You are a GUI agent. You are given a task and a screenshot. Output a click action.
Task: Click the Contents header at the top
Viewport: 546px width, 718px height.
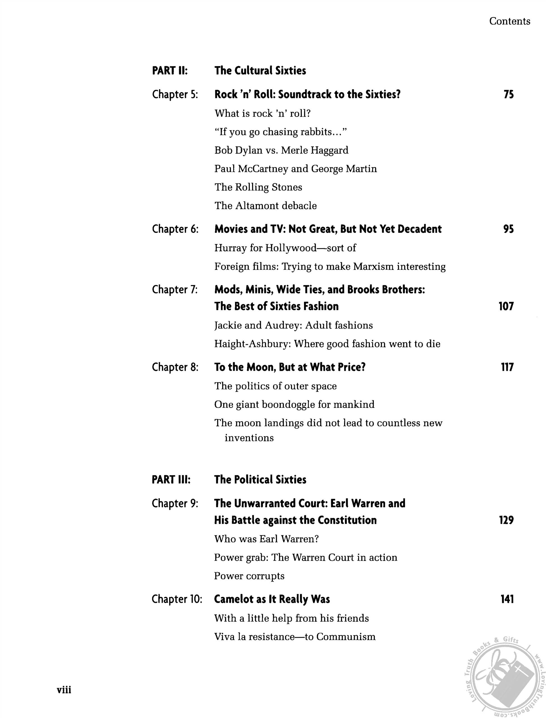509,21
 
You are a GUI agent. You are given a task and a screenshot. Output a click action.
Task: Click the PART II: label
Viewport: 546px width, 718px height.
170,70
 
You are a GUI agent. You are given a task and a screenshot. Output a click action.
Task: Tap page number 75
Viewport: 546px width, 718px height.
508,95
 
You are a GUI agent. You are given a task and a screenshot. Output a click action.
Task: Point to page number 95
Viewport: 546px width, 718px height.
508,229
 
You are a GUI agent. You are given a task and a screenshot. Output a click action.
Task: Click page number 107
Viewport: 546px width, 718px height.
506,306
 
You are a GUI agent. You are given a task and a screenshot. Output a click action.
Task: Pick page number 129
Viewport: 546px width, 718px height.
506,520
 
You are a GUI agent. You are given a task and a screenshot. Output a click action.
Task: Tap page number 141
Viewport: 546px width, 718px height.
507,599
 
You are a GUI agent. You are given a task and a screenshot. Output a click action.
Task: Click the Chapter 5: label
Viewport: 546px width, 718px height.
175,95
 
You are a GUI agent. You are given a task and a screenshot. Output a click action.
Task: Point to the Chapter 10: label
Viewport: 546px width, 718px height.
177,599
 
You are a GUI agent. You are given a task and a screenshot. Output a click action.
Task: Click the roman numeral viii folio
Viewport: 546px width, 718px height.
64,690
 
